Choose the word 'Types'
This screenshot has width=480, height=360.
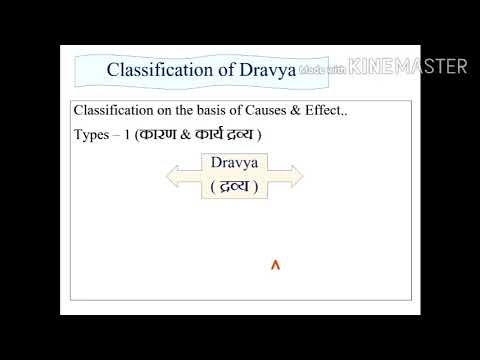tap(91, 135)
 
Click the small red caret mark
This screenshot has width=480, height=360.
tap(275, 265)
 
